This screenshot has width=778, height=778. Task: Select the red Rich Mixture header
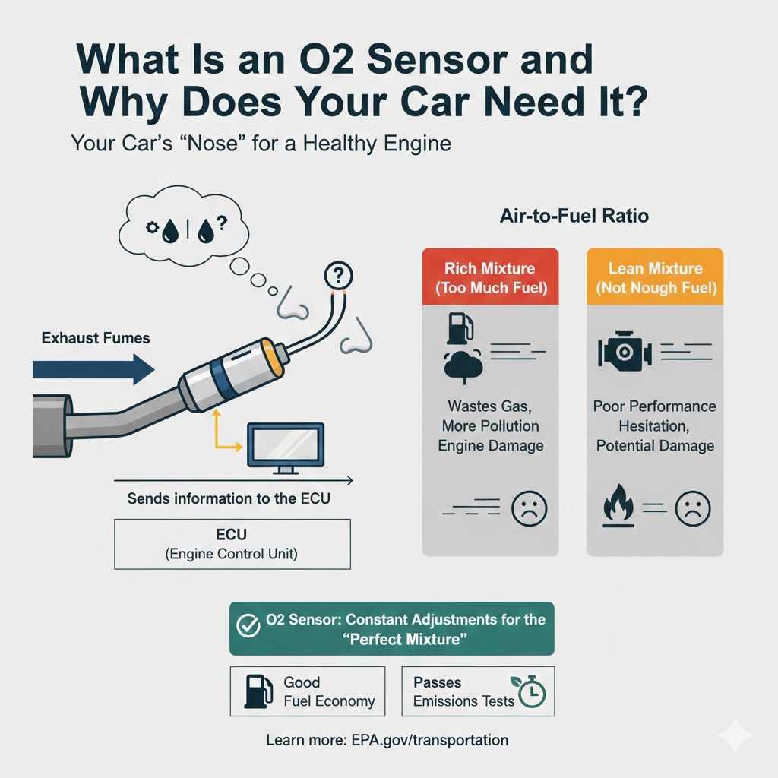point(490,278)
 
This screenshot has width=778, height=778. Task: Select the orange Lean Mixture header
point(655,278)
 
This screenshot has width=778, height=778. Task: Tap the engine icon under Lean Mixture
point(620,352)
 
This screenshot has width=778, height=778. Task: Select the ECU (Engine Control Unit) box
point(232,543)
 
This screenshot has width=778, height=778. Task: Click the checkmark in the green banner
point(248,628)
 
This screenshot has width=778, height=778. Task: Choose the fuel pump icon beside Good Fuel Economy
point(255,691)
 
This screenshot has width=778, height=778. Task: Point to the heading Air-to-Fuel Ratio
point(574,217)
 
